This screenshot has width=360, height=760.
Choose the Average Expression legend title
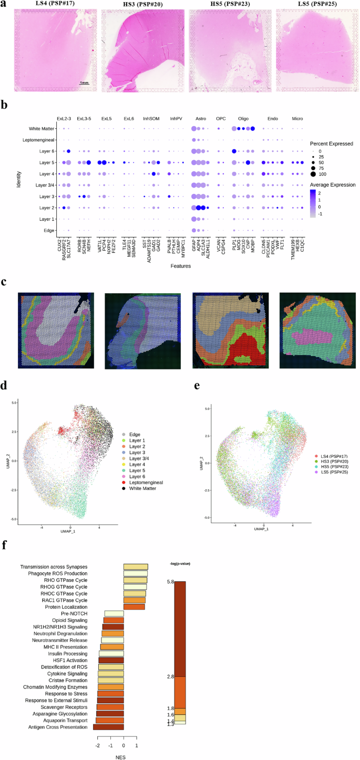coord(333,185)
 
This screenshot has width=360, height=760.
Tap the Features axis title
coord(180,266)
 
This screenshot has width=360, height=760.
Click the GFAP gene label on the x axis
coord(194,247)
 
